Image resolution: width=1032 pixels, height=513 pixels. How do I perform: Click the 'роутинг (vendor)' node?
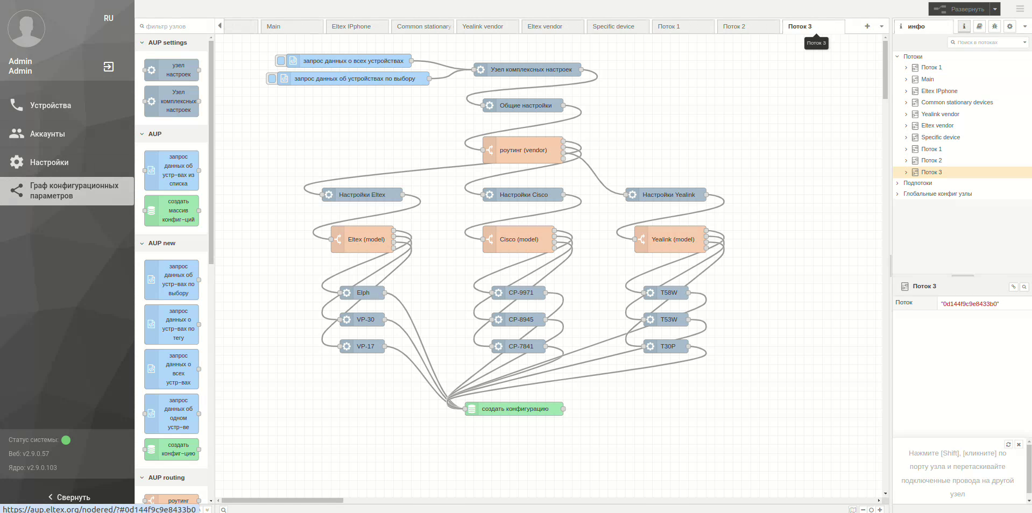tap(522, 150)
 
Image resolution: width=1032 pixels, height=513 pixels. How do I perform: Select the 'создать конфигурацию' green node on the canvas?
tap(514, 409)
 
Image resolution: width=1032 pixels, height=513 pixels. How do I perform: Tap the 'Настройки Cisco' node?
tap(523, 195)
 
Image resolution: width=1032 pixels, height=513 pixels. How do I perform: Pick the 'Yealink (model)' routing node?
tap(672, 239)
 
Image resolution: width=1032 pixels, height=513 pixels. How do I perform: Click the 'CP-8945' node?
tap(520, 319)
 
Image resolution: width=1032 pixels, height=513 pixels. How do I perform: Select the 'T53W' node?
tap(668, 319)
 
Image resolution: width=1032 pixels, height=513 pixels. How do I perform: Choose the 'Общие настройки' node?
tap(525, 105)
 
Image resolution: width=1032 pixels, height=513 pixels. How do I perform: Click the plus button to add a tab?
tap(867, 26)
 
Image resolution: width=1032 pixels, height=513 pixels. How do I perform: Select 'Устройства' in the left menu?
tap(51, 105)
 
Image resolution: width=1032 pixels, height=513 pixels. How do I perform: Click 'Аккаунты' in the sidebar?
tap(47, 134)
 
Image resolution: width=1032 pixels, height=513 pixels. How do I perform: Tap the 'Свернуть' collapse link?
tap(68, 497)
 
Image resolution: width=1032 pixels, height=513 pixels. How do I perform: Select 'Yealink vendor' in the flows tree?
tap(940, 114)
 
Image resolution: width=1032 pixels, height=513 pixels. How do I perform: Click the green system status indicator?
tap(66, 440)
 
